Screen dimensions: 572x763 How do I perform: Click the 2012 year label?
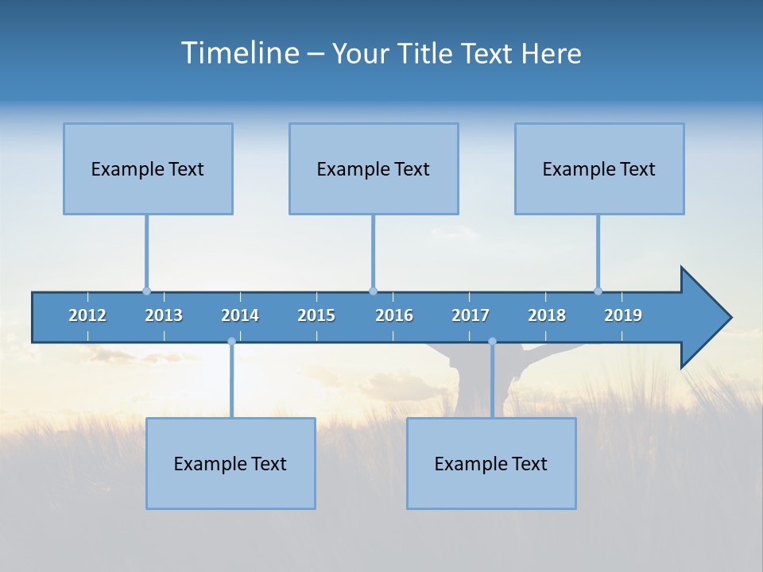point(87,315)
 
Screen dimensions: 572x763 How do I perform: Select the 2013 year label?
point(164,315)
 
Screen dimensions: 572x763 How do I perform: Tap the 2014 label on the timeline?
point(240,315)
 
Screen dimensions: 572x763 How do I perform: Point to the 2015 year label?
point(316,315)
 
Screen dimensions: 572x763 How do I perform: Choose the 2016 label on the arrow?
point(394,315)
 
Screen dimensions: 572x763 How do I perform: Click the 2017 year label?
point(471,315)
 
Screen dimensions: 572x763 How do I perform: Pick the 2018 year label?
point(547,315)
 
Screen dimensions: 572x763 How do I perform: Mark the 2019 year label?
point(623,315)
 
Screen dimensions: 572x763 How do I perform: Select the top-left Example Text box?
point(148,168)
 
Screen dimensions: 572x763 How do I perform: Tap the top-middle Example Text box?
point(374,168)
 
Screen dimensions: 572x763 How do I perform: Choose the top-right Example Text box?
point(599,168)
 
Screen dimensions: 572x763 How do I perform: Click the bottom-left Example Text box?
point(230,463)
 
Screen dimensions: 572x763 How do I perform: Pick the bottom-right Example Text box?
point(491,463)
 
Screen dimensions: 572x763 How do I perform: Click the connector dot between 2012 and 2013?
point(146,291)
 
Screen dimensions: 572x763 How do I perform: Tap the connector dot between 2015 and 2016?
point(373,291)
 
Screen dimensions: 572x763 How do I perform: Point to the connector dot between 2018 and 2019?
point(598,291)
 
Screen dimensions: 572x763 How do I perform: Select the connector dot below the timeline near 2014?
point(231,342)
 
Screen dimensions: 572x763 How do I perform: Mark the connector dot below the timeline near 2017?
point(492,342)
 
